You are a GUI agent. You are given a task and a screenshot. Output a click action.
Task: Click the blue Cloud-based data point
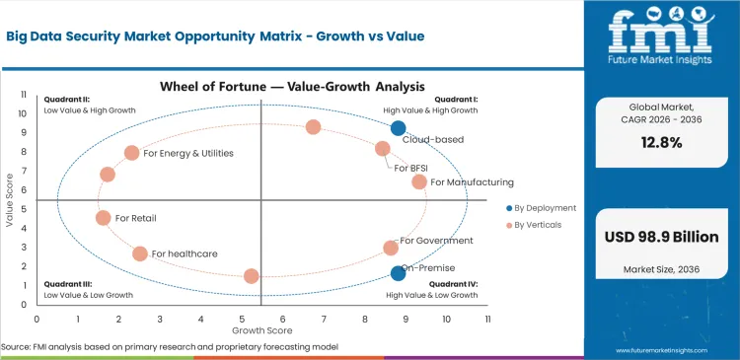(x=398, y=128)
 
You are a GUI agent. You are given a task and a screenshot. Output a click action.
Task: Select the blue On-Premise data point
(x=398, y=273)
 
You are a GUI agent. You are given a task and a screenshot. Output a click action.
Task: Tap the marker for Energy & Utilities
(x=132, y=153)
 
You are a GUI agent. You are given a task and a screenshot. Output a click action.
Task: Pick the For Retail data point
(x=104, y=218)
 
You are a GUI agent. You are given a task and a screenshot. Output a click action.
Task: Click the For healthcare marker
(x=140, y=253)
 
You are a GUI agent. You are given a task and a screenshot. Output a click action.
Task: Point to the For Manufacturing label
(x=472, y=182)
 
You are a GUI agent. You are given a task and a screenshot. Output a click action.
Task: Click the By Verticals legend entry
(x=541, y=226)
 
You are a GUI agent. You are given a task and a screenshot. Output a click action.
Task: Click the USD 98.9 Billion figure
(x=661, y=237)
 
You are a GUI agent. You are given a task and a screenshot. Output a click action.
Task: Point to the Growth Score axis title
(x=260, y=329)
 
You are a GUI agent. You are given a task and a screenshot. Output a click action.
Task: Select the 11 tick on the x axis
(x=486, y=319)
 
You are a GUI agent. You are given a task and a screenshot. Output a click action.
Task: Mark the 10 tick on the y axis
(x=25, y=112)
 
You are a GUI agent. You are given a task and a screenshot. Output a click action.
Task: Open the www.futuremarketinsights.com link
(x=661, y=350)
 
